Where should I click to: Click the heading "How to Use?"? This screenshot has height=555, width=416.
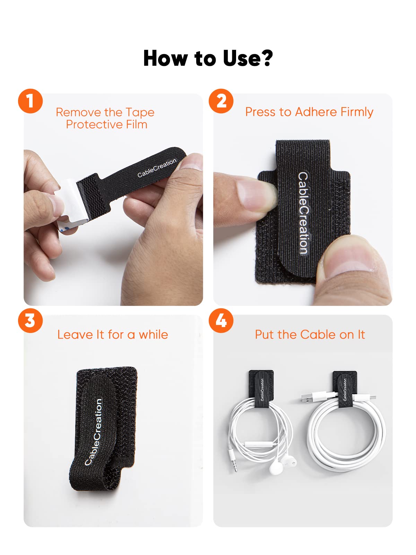pos(208,58)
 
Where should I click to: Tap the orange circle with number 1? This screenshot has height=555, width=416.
pos(31,101)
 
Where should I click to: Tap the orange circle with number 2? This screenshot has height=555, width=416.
pos(221,101)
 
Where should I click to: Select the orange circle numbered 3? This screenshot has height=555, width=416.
pos(31,321)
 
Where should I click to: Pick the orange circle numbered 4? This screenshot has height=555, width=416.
pos(221,321)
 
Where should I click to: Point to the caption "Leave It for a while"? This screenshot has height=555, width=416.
pos(113,335)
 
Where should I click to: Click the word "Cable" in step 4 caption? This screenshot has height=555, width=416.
pos(318,335)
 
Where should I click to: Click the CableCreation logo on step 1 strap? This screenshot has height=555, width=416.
pos(157,168)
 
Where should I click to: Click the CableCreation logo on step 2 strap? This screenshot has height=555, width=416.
pos(303,213)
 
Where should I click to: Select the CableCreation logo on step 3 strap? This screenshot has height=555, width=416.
pos(94,432)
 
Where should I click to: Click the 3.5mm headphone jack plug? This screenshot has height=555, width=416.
pos(234,460)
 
